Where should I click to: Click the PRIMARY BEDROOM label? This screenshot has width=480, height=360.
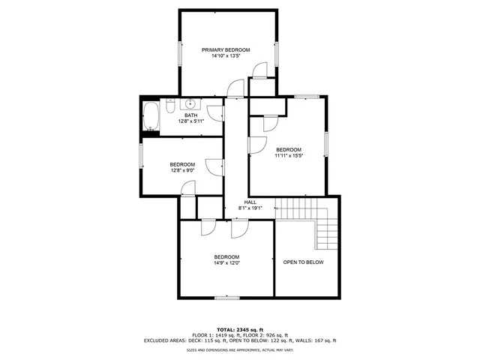(225, 49)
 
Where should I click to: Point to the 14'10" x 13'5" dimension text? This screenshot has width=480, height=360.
(225, 56)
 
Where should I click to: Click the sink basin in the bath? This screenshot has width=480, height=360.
(190, 103)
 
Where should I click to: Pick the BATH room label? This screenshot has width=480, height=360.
(190, 115)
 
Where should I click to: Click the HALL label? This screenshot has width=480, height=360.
(250, 202)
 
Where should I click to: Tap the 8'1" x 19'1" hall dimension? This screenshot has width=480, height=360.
(250, 208)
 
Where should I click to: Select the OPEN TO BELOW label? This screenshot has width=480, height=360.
(303, 262)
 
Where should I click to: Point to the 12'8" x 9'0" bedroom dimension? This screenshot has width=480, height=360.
(182, 170)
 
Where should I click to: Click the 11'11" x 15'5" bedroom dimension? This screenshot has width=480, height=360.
(288, 155)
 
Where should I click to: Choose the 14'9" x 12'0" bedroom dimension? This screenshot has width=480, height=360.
(226, 262)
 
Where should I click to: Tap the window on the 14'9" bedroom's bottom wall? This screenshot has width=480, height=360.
(226, 298)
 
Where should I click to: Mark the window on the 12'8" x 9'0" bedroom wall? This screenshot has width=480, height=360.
(141, 155)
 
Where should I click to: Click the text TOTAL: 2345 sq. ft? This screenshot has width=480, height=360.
(240, 329)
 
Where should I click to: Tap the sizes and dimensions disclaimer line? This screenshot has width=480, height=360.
(240, 349)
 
